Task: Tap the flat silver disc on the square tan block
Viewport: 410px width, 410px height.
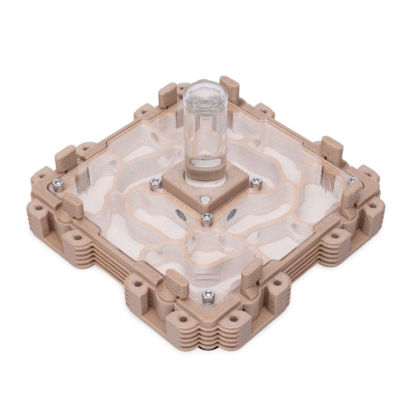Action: [205, 199]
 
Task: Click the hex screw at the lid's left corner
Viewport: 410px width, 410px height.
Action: [58, 184]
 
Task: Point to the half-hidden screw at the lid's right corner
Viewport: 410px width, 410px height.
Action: [353, 180]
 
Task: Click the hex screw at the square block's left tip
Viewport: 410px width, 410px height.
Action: [155, 183]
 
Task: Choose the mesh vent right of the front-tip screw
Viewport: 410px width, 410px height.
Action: [231, 215]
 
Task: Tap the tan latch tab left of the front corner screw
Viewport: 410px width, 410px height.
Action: [177, 283]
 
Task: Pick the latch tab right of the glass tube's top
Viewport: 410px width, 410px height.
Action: [230, 90]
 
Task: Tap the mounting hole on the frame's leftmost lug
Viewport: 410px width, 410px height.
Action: [39, 208]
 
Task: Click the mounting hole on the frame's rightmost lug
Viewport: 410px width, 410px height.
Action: [372, 206]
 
